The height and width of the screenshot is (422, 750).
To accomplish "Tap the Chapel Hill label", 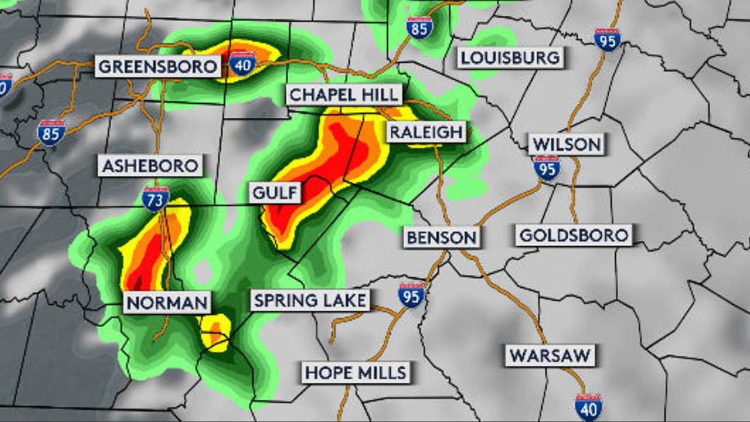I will coord(345,95).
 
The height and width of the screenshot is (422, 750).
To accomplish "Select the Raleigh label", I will coord(426,132).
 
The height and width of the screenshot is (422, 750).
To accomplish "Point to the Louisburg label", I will coord(510,57).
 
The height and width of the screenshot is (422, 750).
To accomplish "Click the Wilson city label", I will coord(566,144).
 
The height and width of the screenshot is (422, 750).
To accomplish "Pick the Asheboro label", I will coord(151,166).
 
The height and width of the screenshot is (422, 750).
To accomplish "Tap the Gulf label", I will coord(275,192).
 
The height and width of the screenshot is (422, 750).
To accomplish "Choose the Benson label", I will coord(442,237).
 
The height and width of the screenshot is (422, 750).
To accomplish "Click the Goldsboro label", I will coord(574,236).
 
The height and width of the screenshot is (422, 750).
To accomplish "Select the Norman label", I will coord(168,303).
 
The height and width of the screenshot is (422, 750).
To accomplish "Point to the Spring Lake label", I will coord(310,301).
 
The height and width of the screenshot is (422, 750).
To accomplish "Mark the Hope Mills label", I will coord(356,372).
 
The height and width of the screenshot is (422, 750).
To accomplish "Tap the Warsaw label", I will coord(550,356).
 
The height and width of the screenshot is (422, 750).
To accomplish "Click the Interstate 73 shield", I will coord(155,199).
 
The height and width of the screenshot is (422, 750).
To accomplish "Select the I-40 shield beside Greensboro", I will coord(242,63).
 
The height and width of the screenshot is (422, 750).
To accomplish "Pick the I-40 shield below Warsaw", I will coord(588,406).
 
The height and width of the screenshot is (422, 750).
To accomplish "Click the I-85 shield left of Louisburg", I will coord(420,28).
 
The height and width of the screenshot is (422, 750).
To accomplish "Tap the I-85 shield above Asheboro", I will coord(52,132).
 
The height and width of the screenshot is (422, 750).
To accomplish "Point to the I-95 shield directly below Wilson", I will coord(547,168).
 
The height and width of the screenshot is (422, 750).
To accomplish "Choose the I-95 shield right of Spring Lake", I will coord(411,295).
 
